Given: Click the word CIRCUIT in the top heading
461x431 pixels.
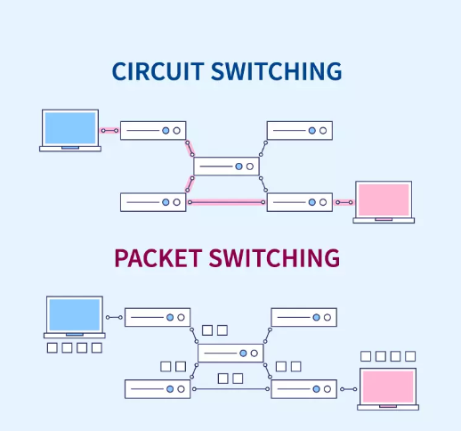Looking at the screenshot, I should (158, 71).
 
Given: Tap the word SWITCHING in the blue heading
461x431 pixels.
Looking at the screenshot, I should (276, 71).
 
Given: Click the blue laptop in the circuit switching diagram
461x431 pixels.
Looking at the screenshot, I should (69, 130).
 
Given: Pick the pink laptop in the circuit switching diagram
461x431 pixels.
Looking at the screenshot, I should (384, 201).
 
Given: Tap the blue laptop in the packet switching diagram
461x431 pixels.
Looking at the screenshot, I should (75, 317).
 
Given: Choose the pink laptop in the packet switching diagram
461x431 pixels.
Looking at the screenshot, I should (388, 388).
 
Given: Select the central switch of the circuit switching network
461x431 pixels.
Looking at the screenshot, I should (226, 167).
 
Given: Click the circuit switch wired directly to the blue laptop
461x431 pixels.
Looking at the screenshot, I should (153, 130).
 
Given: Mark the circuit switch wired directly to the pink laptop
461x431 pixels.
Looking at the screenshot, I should (300, 202).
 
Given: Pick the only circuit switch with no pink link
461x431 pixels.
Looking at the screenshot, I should (300, 130).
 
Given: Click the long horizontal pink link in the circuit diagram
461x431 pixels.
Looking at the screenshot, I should (227, 202).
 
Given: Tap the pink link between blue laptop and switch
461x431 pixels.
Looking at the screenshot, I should (109, 130).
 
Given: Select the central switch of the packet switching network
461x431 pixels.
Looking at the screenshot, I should (230, 354).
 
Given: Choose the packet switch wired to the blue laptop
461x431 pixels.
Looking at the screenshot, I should (158, 317).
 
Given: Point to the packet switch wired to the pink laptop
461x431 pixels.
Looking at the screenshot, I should (303, 389).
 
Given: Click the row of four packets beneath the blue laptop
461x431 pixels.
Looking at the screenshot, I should (75, 347).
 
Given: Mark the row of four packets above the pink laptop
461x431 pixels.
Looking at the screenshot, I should (388, 356).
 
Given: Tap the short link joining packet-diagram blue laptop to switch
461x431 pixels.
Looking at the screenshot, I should (114, 317).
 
